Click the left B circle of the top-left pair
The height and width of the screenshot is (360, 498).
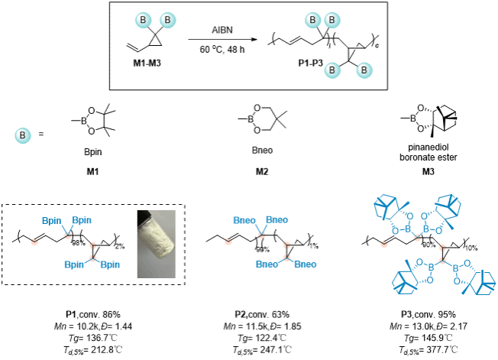point(143,20)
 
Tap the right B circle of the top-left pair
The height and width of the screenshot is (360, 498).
point(167,20)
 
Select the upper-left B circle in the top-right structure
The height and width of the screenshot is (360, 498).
point(312,20)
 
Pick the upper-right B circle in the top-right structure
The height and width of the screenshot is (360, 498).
point(332,20)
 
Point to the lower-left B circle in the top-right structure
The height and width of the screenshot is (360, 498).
point(332,70)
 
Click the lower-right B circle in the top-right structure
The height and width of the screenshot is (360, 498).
point(364,70)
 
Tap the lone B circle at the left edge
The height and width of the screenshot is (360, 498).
point(23,136)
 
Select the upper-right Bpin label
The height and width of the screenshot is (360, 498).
point(82,221)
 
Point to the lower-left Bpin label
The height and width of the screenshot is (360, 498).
point(74,264)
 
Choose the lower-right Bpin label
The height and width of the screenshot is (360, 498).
point(110,264)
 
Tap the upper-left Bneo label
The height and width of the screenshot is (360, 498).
point(244,221)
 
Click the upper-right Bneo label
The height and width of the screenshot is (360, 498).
point(277,220)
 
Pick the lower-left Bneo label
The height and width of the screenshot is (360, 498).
point(267,264)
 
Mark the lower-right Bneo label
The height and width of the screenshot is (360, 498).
point(305,264)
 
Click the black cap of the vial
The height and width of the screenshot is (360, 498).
point(143,218)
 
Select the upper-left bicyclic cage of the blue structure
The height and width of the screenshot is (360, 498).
point(390,207)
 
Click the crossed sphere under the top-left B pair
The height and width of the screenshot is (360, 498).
point(155,35)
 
